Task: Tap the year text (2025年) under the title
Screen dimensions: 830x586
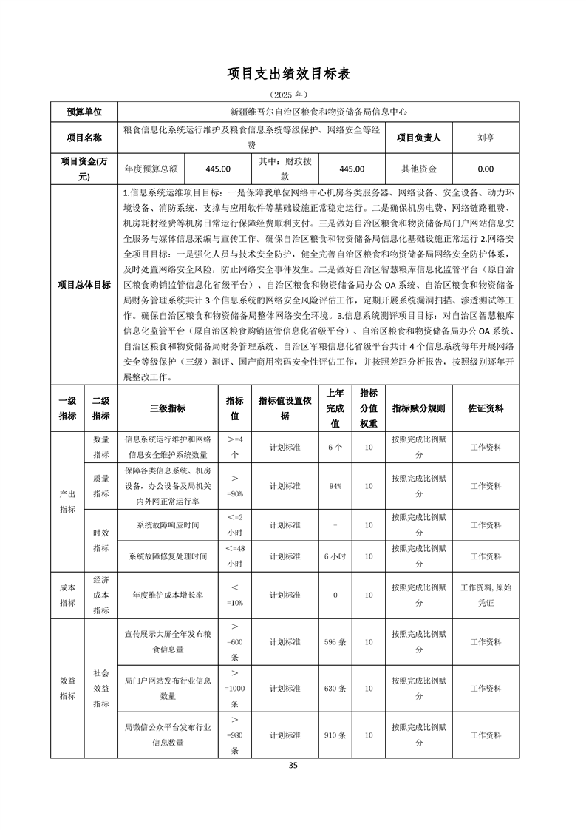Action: pos(293,95)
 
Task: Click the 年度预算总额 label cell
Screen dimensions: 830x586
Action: pos(151,169)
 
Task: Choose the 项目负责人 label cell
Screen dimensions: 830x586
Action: pos(419,137)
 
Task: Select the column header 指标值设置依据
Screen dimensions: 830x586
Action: pos(285,408)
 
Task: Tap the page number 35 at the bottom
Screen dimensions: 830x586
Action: pos(293,766)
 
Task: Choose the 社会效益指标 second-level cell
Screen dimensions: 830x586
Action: pos(101,689)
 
